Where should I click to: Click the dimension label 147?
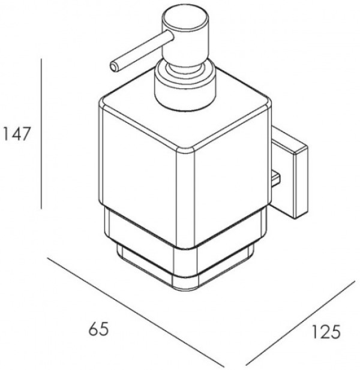(x=16, y=134)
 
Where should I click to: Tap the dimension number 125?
(x=326, y=332)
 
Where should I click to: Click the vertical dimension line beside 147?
(x=41, y=134)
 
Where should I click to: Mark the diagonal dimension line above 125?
(x=301, y=325)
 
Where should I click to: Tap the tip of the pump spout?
(x=114, y=67)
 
